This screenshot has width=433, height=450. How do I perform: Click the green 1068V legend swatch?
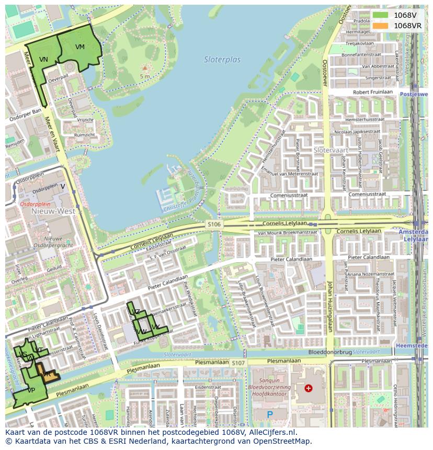pos(380,15)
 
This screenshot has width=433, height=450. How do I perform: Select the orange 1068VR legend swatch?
pos(380,26)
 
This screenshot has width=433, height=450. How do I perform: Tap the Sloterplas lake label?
pos(222,60)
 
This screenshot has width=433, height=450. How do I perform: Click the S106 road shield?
pos(214,224)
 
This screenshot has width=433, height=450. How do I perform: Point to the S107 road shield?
pos(238,363)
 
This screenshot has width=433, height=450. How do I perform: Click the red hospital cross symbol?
pos(309,388)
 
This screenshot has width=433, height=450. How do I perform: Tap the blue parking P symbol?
pos(270,414)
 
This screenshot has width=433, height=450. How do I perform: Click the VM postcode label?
pos(79,47)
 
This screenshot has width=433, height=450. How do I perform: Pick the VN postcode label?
pos(43,60)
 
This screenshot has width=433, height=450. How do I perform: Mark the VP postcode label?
pos(31,390)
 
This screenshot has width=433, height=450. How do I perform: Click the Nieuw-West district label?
pos(53,212)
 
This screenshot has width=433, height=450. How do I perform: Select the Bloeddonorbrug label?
pos(329,352)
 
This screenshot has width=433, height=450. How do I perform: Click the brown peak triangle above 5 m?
pos(145,68)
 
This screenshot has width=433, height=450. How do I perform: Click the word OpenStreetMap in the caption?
pos(280,441)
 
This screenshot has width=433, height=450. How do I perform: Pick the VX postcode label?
pos(155,327)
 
